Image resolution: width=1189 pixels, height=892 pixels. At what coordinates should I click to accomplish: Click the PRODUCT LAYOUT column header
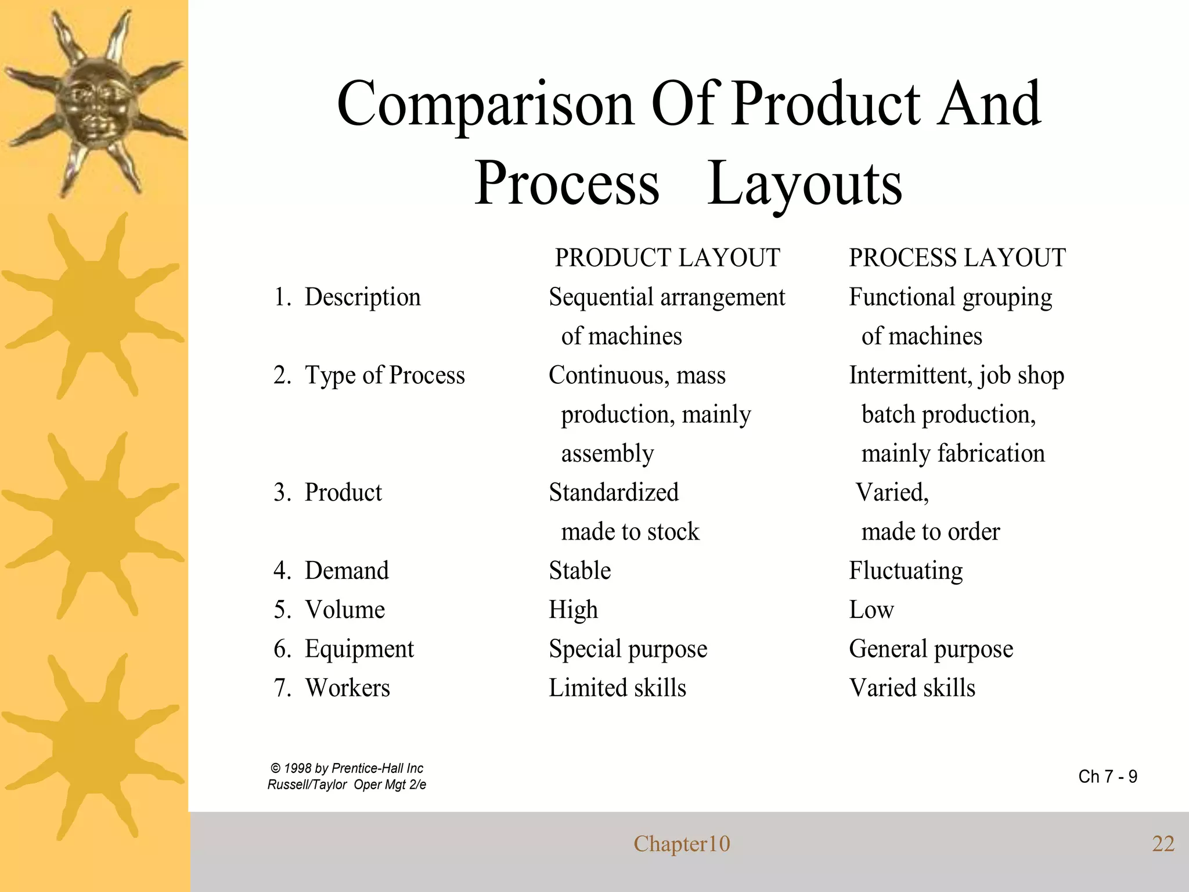click(x=667, y=258)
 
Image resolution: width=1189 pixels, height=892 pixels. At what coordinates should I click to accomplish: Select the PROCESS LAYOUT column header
click(x=957, y=258)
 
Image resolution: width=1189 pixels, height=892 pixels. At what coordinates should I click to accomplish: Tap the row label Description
click(x=362, y=297)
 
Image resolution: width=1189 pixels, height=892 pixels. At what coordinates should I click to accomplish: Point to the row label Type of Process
click(x=384, y=375)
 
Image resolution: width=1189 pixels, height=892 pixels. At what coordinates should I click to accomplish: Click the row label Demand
click(x=347, y=571)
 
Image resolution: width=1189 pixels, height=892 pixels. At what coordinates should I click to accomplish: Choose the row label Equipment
click(x=359, y=649)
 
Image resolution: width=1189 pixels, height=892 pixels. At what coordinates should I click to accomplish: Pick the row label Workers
click(x=347, y=688)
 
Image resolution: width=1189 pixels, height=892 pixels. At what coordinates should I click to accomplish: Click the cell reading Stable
click(x=579, y=571)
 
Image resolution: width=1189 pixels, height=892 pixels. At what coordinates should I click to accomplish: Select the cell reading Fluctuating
click(x=906, y=571)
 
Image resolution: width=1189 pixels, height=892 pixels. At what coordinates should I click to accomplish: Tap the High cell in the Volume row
click(x=573, y=610)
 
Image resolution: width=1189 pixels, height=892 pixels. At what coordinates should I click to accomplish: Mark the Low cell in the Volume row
click(x=871, y=610)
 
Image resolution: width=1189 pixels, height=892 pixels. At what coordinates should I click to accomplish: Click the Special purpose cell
click(x=628, y=649)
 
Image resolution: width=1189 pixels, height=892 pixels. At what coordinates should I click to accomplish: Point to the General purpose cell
click(x=931, y=649)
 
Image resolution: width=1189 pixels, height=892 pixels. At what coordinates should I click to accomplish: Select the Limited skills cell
click(x=617, y=688)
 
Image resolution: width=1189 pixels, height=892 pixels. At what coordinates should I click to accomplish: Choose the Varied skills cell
click(x=911, y=688)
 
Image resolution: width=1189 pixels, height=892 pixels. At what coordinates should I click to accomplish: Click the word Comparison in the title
click(x=485, y=105)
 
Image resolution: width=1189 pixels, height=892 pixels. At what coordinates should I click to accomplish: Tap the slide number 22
click(x=1163, y=844)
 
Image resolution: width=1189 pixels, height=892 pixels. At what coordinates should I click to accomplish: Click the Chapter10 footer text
click(x=682, y=844)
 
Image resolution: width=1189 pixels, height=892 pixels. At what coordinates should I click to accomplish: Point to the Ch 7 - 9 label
click(x=1107, y=776)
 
